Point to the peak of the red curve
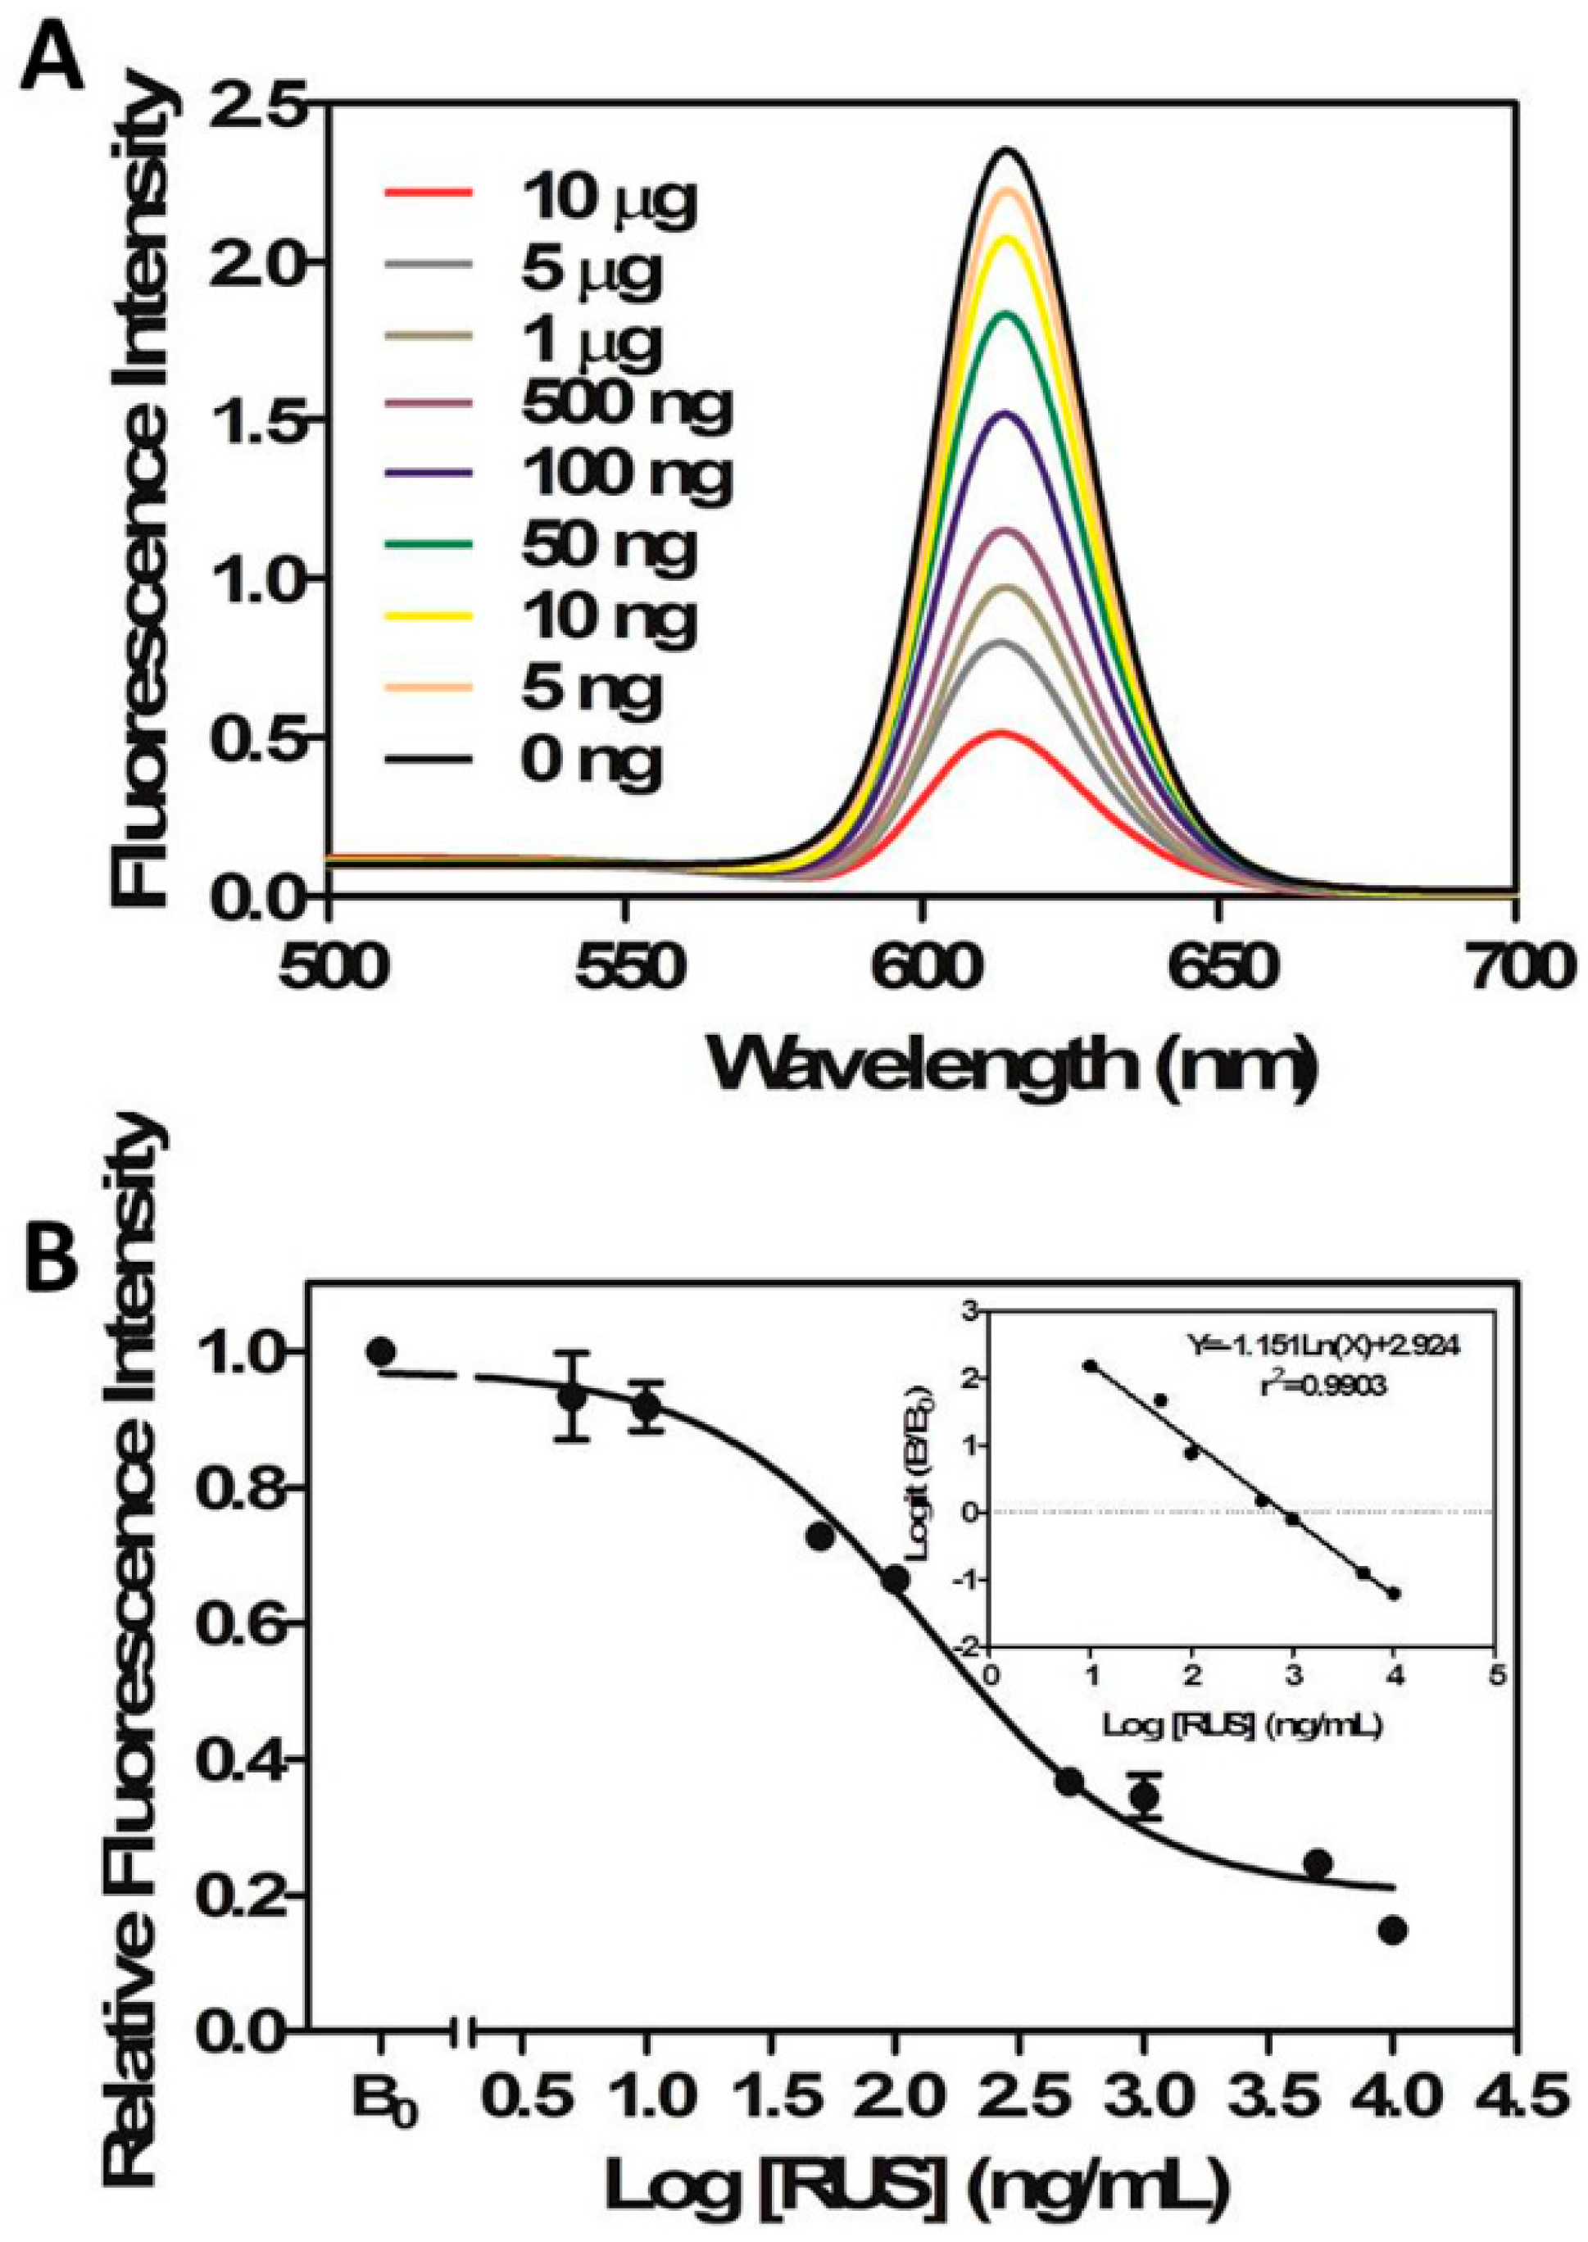point(1000,733)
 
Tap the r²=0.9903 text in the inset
point(1326,1386)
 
